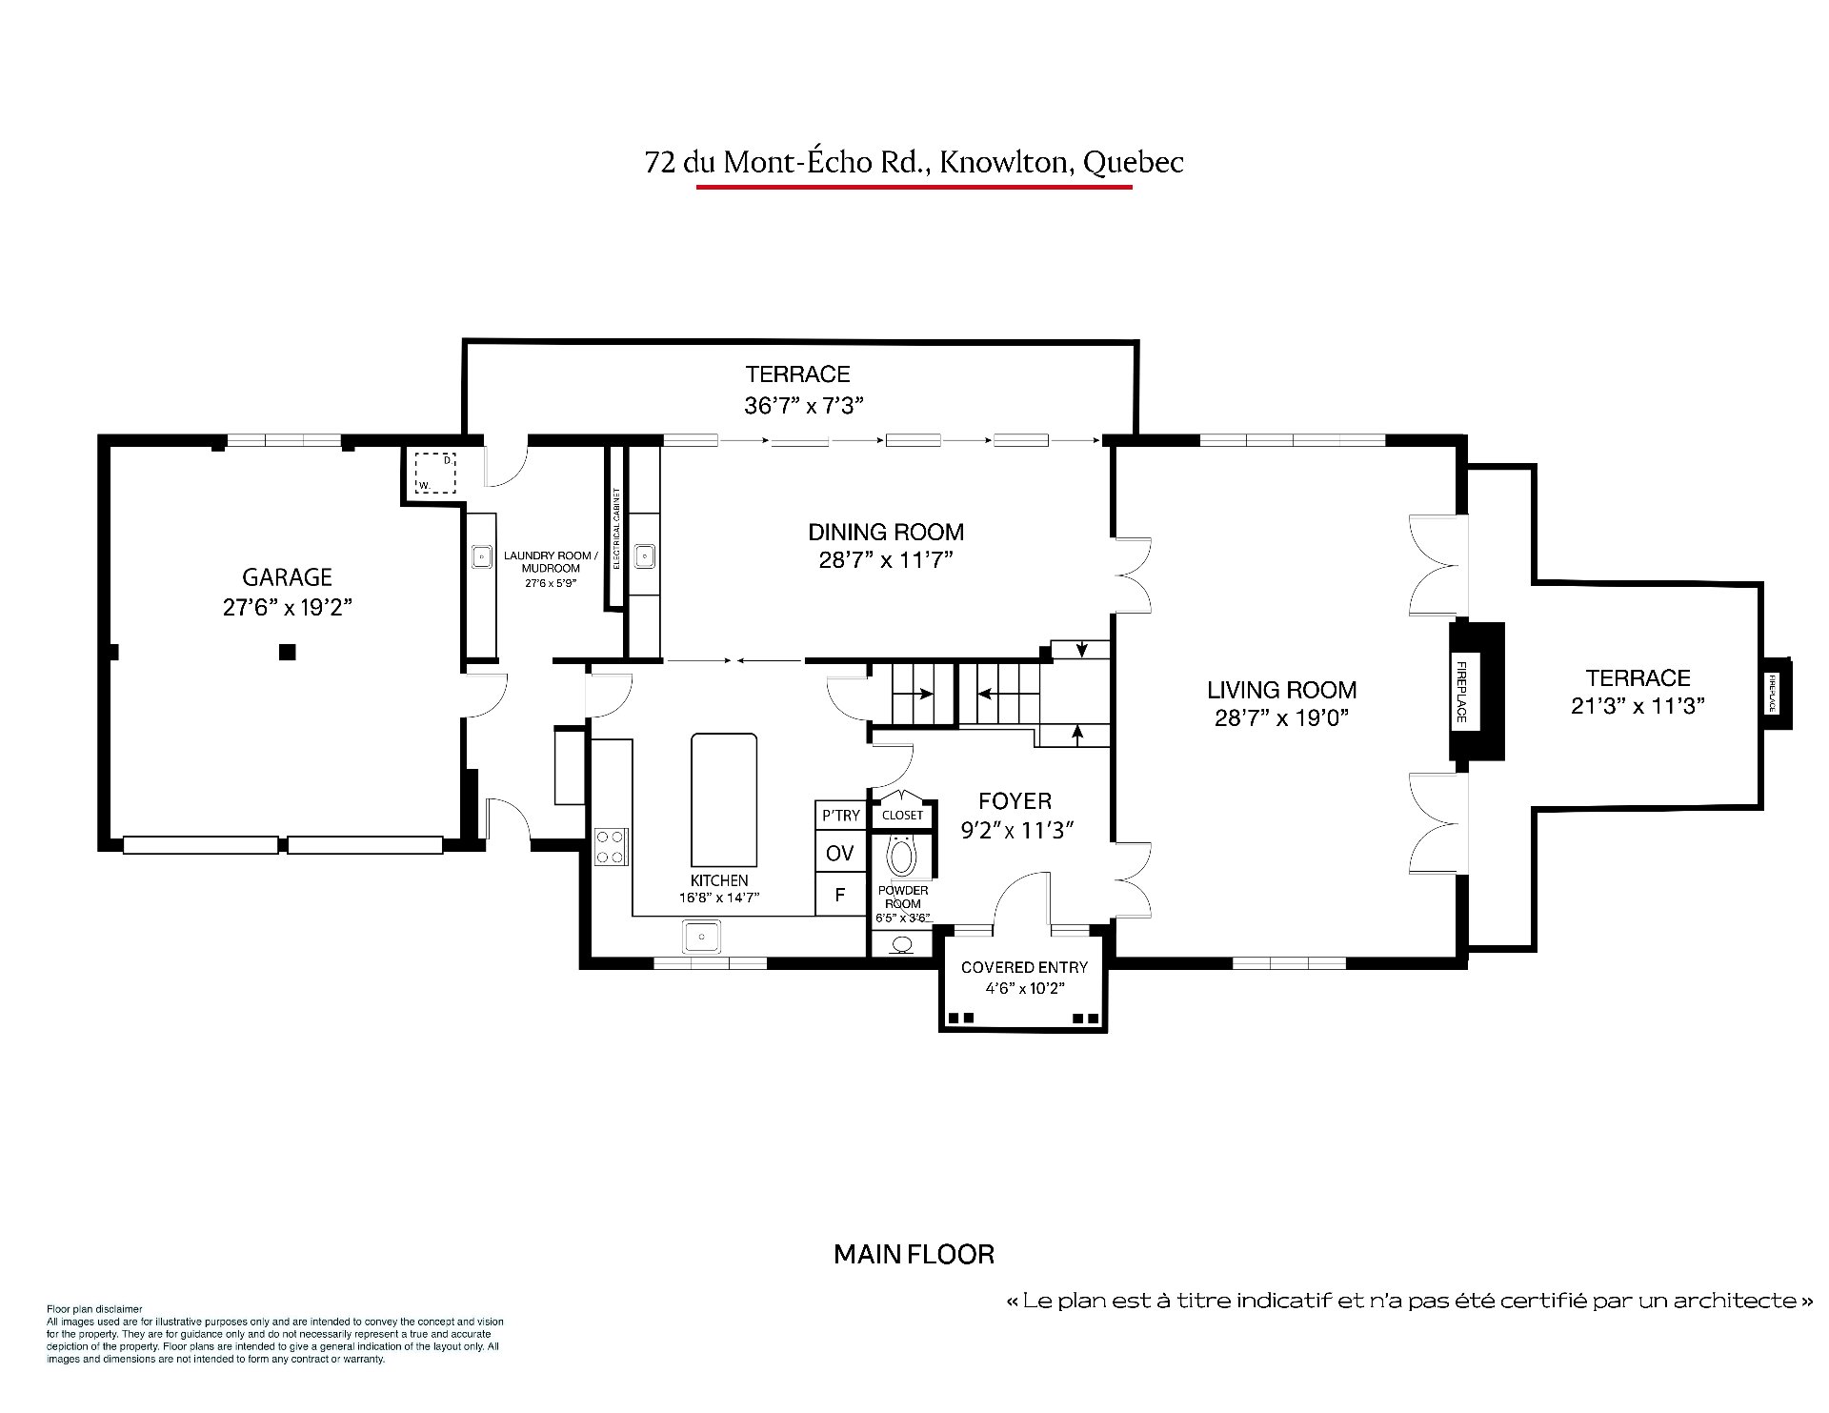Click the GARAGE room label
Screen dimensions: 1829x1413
(287, 576)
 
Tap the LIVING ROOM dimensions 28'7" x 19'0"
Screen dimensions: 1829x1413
(1281, 717)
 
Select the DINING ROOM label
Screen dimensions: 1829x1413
(886, 532)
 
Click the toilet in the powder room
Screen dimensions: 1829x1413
(901, 856)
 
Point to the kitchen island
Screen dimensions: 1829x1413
(724, 797)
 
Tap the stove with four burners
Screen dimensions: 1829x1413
(612, 846)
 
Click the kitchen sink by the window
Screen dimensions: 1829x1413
(702, 937)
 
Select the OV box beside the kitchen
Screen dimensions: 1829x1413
(839, 853)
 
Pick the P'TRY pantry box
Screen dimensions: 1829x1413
(840, 816)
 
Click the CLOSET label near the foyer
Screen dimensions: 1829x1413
(902, 815)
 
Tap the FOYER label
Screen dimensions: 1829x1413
(1015, 801)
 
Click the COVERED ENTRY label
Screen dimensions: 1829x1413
(1024, 967)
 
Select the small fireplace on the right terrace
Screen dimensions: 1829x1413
(1776, 694)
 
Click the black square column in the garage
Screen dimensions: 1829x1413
(287, 653)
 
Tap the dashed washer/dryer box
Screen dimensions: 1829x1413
(435, 473)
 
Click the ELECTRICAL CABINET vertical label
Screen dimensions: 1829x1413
(616, 529)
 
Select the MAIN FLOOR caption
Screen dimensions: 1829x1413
(914, 1255)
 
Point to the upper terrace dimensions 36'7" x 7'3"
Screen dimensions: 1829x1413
(803, 405)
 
